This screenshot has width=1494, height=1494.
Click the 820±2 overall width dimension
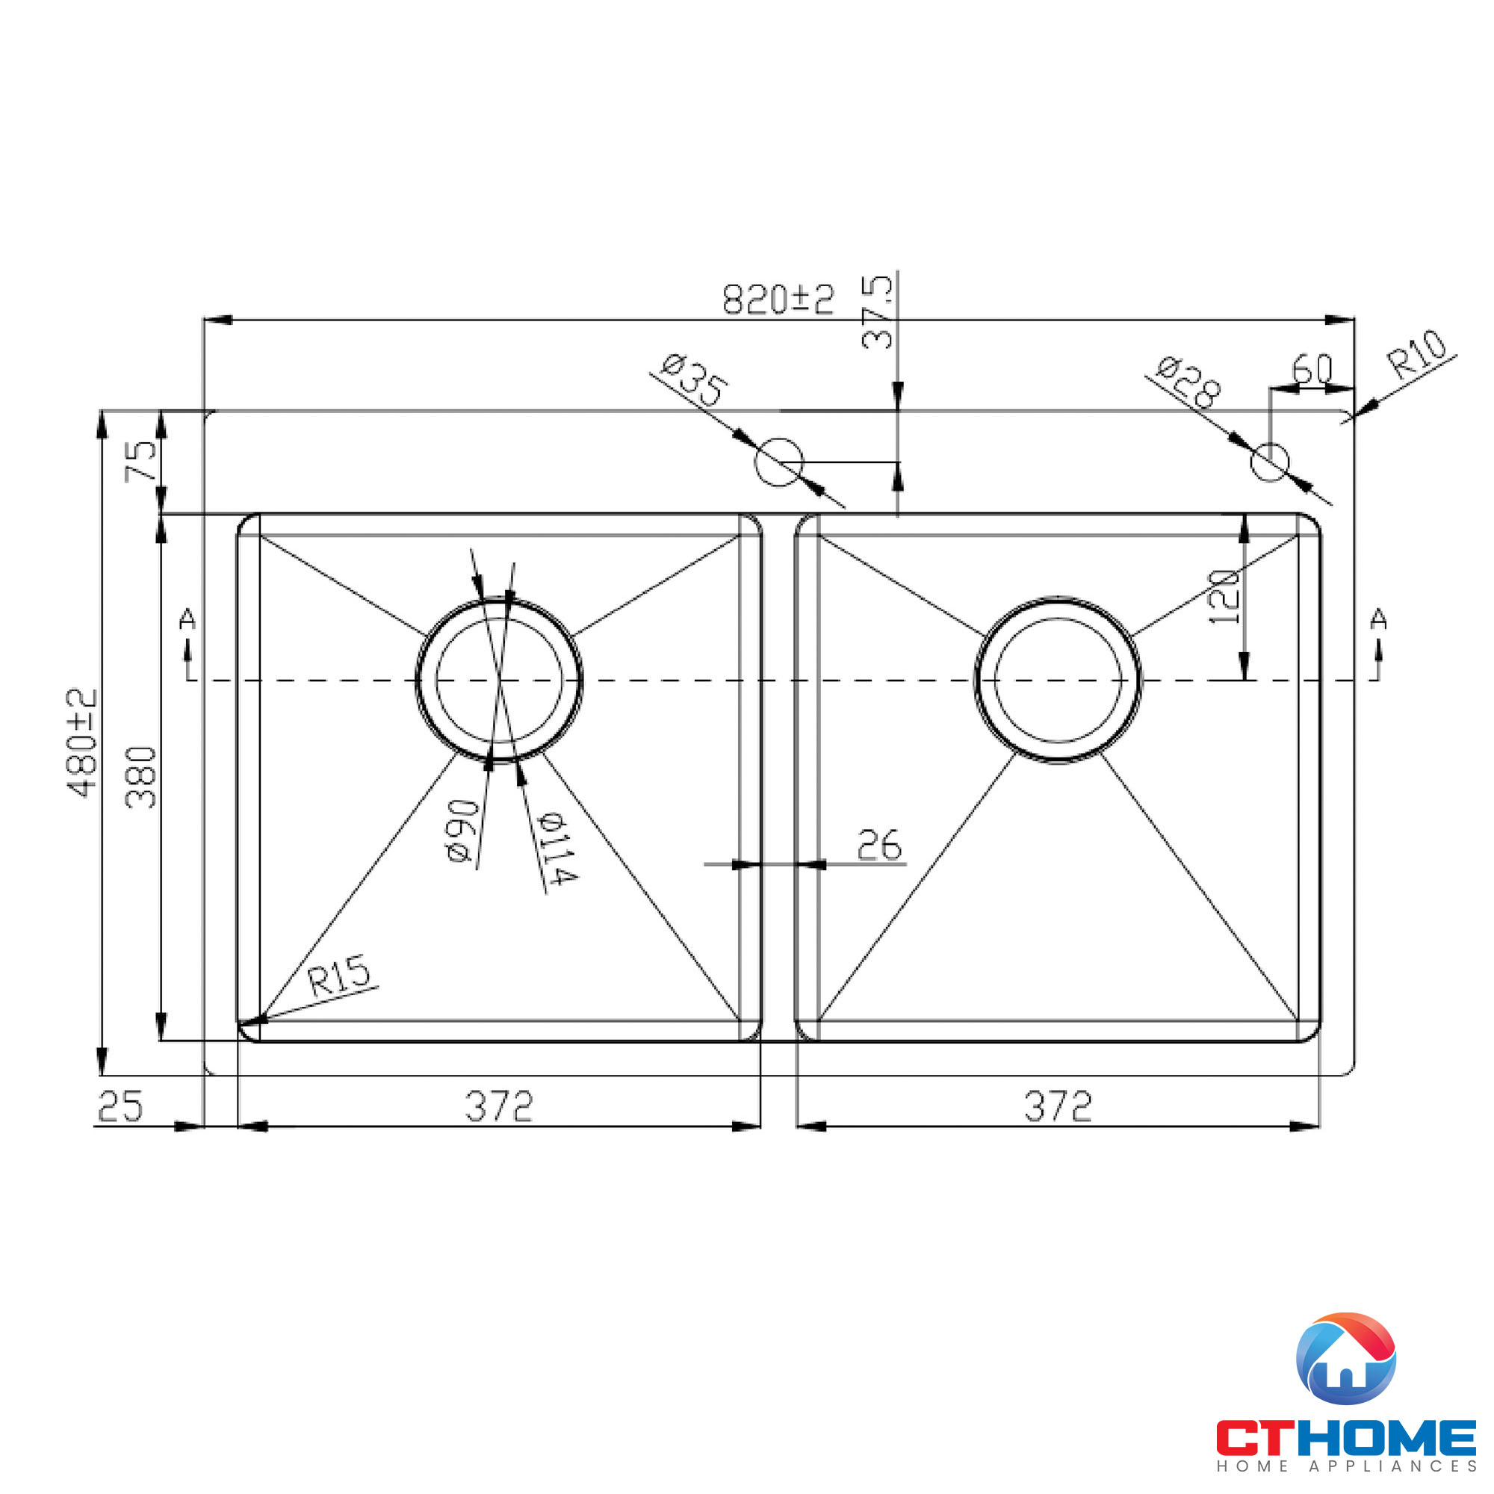pyautogui.click(x=778, y=300)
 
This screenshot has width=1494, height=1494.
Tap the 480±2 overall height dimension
pyautogui.click(x=83, y=743)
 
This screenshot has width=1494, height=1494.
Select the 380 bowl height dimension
pyautogui.click(x=141, y=777)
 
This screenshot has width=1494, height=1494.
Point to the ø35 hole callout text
pyautogui.click(x=694, y=379)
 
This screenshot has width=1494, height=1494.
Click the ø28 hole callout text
pyautogui.click(x=1188, y=382)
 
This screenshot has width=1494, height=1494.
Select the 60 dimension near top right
pyautogui.click(x=1312, y=369)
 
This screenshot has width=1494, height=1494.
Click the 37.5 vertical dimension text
pyautogui.click(x=877, y=313)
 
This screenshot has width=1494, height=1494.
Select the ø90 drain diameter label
pyautogui.click(x=462, y=831)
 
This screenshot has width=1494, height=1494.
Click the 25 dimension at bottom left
pyautogui.click(x=120, y=1106)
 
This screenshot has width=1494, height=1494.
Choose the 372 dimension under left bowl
pyautogui.click(x=499, y=1106)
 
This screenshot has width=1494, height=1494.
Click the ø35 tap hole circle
pyautogui.click(x=778, y=462)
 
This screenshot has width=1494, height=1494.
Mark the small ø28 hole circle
pyautogui.click(x=1270, y=462)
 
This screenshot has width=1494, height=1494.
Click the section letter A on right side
pyautogui.click(x=1378, y=619)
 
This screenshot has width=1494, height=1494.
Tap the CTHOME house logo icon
pyautogui.click(x=1345, y=1369)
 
